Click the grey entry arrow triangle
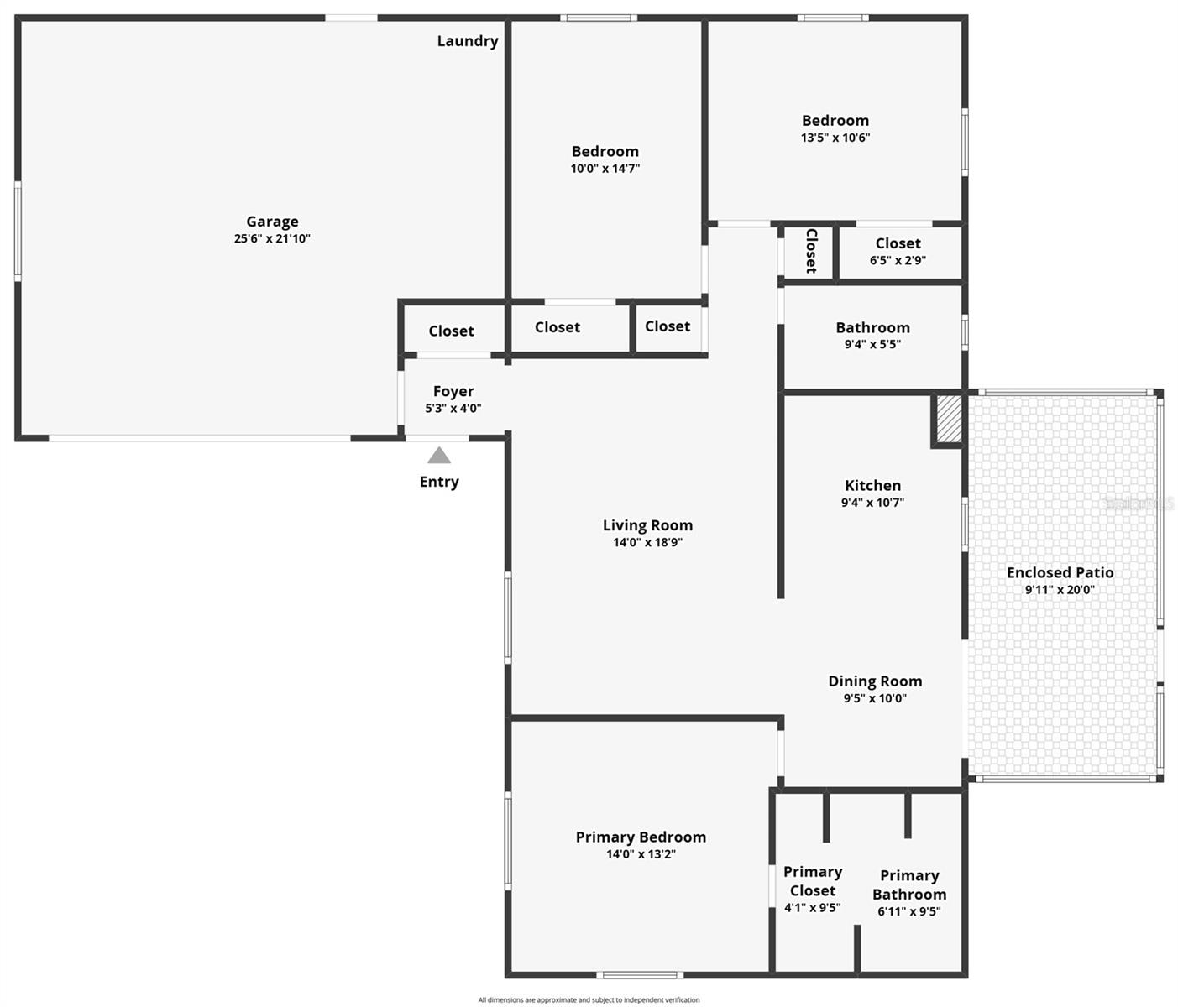[x=439, y=456]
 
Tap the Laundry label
[x=467, y=41]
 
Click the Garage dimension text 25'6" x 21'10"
[x=272, y=238]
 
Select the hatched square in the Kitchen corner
[x=948, y=420]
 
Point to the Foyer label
[x=453, y=391]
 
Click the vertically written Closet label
[x=811, y=250]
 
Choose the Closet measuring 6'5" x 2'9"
[x=898, y=243]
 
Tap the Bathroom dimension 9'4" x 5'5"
[x=872, y=344]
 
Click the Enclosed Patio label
[x=1060, y=572]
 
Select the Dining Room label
[x=875, y=681]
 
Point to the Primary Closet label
[x=812, y=881]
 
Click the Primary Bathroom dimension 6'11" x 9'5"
[x=908, y=912]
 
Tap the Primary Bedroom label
[x=641, y=837]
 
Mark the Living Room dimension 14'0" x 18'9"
[x=647, y=543]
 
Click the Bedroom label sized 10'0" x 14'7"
[x=605, y=151]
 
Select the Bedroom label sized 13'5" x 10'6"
[x=835, y=121]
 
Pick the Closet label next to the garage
[x=451, y=331]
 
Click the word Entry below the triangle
[x=439, y=482]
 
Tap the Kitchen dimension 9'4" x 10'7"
[x=872, y=503]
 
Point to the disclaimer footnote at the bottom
[x=589, y=999]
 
